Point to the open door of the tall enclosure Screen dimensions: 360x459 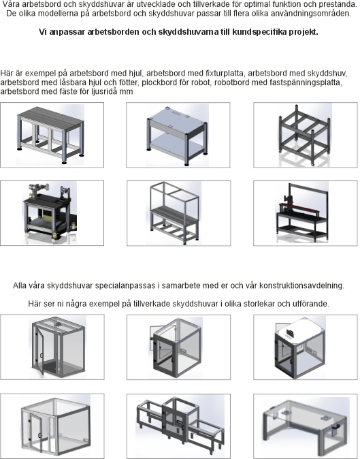pyautogui.click(x=39, y=353)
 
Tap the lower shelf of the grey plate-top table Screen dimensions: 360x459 pyautogui.click(x=176, y=142)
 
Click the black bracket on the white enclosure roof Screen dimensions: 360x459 pyautogui.click(x=291, y=333)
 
